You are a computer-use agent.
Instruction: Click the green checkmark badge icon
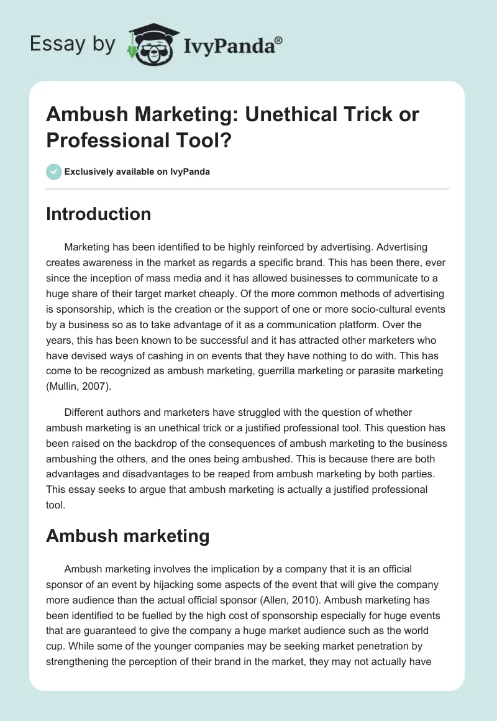(x=53, y=172)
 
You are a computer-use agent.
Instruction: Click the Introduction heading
(x=98, y=214)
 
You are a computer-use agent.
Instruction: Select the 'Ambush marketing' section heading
(x=127, y=536)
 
